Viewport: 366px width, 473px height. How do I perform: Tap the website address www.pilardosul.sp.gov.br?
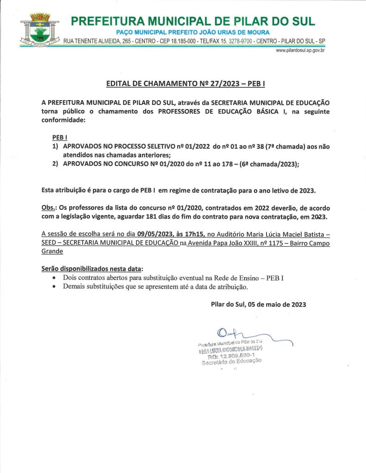[300, 50]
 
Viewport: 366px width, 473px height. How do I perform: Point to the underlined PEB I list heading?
[58, 138]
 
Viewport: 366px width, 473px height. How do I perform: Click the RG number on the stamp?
[232, 356]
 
